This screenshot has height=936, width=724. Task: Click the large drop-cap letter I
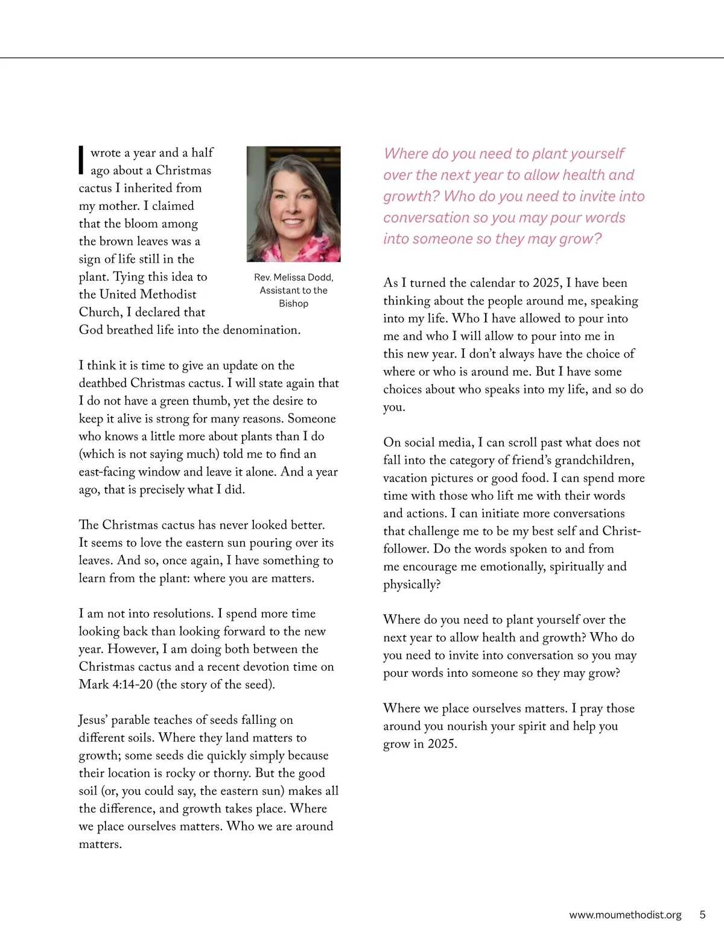[81, 160]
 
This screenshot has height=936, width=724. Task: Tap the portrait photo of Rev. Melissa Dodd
[293, 204]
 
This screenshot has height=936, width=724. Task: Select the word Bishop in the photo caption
[293, 304]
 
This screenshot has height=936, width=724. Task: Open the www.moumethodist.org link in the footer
[625, 915]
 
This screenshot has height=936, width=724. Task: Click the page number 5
[702, 915]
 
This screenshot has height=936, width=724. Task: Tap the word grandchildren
[594, 460]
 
